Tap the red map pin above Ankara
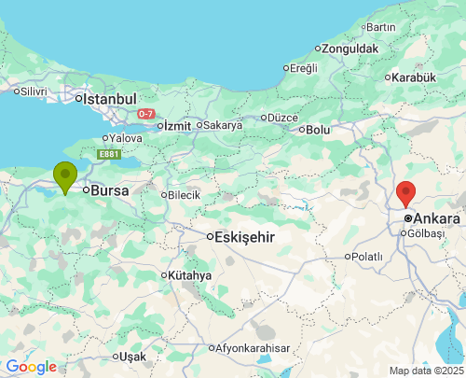tap(405, 193)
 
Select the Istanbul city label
tap(110, 98)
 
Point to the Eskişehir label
tap(244, 237)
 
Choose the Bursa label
tap(109, 189)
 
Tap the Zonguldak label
tap(351, 48)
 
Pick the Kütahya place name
tap(191, 275)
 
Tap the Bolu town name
tap(318, 130)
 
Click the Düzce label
tap(282, 118)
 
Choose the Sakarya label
tap(222, 124)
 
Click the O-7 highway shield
tap(145, 114)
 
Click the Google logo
tap(31, 367)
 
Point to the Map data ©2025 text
tap(426, 371)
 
